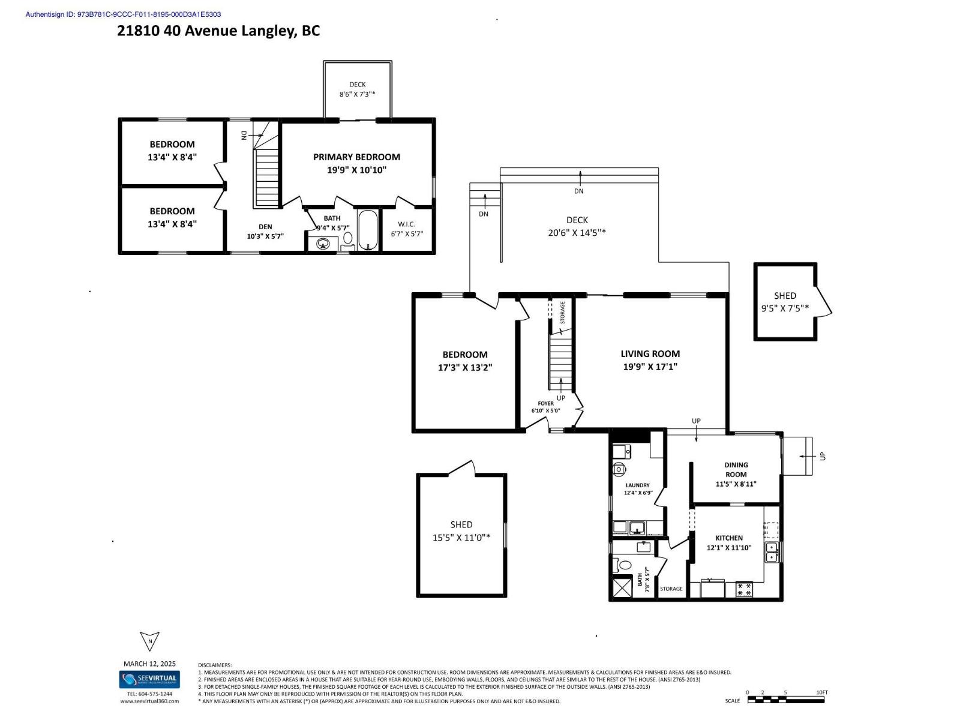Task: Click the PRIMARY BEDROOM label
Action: tap(356, 157)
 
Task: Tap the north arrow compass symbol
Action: tap(149, 641)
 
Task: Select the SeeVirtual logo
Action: tap(149, 680)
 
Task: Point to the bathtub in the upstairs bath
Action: tap(368, 230)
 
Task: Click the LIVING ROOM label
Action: tap(650, 354)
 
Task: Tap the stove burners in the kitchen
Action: tap(744, 589)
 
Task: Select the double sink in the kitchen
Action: tap(772, 552)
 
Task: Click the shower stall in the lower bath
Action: tap(622, 587)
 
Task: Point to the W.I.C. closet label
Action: tap(407, 224)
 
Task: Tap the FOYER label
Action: tap(545, 403)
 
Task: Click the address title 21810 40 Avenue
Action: tap(218, 31)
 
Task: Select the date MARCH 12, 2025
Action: tap(149, 664)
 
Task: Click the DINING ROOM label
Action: tap(736, 469)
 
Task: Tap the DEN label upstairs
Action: tap(265, 227)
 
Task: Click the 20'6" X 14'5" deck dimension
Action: tap(577, 233)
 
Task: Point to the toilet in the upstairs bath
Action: tap(348, 239)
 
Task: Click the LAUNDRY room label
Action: tap(637, 485)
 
